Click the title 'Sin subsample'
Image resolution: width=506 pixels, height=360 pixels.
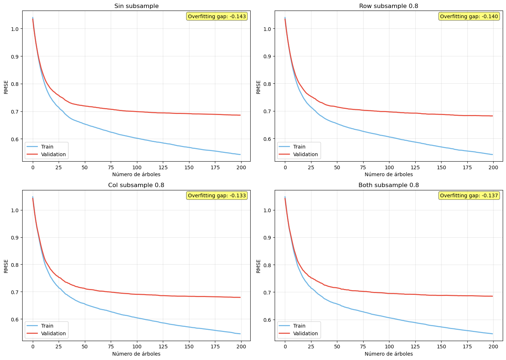click(136, 6)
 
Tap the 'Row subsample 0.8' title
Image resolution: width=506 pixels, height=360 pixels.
click(389, 6)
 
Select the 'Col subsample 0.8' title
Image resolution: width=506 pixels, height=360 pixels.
click(136, 185)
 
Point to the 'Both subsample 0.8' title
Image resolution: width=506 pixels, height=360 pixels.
click(389, 185)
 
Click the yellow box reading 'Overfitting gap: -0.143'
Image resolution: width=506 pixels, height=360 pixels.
click(217, 16)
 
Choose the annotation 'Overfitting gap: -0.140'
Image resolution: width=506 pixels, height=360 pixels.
click(469, 16)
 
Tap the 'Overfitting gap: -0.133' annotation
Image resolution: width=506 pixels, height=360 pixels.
click(217, 195)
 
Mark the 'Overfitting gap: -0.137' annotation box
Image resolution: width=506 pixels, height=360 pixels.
click(469, 195)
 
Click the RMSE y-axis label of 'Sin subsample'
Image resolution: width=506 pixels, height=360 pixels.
click(6, 87)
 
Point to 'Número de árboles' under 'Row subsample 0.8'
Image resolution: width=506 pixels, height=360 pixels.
click(389, 174)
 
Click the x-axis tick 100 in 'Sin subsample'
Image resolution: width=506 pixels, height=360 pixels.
click(137, 167)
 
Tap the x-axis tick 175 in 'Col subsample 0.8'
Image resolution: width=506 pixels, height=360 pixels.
click(215, 347)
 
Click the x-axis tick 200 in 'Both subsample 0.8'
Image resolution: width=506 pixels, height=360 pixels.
click(493, 347)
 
